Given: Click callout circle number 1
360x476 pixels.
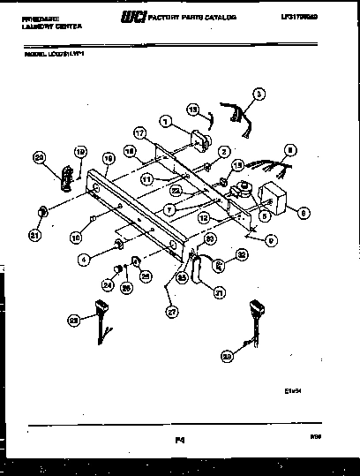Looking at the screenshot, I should pyautogui.click(x=164, y=122).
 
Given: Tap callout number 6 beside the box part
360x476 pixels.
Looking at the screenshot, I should pyautogui.click(x=304, y=211).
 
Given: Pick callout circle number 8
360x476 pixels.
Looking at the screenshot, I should pyautogui.click(x=290, y=150).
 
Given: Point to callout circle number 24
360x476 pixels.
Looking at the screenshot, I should pyautogui.click(x=109, y=285).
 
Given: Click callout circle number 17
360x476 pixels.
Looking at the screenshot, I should pyautogui.click(x=139, y=132).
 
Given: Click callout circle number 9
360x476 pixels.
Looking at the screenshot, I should pyautogui.click(x=271, y=238).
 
